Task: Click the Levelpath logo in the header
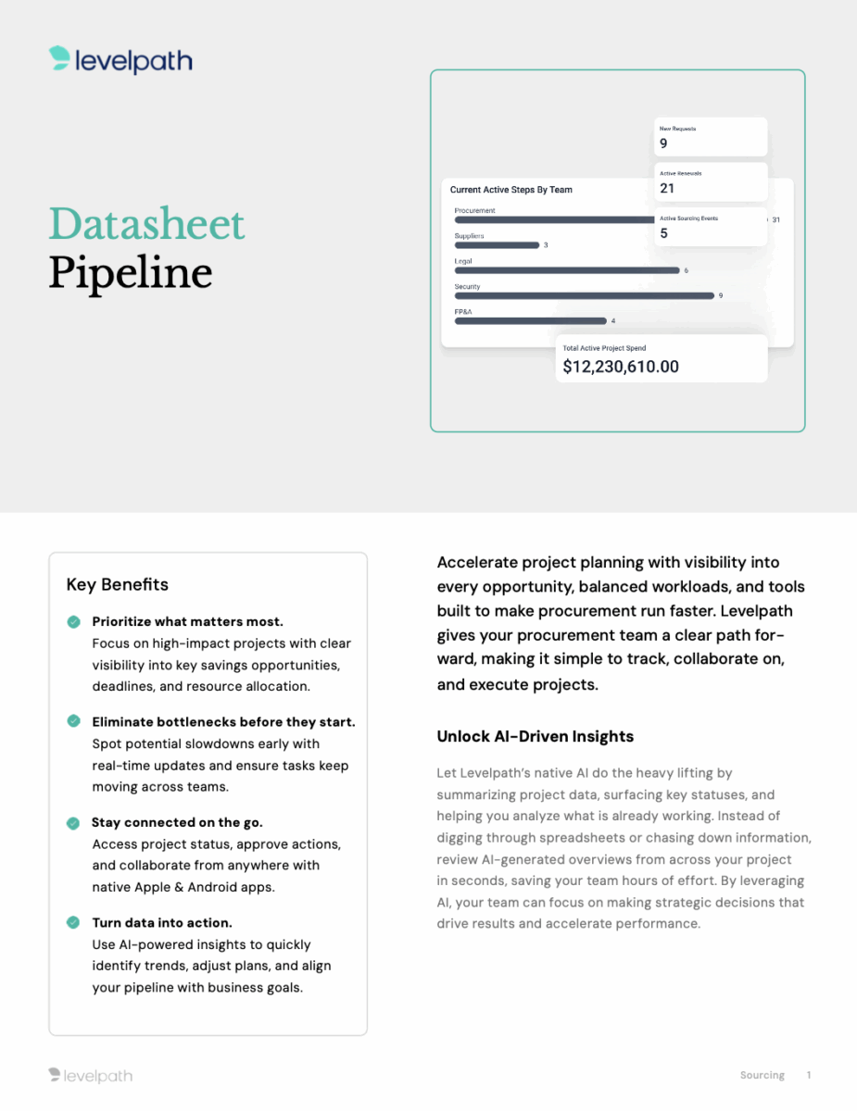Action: click(120, 61)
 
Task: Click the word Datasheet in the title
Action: click(146, 224)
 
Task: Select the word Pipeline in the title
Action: click(130, 272)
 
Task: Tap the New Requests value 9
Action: click(663, 144)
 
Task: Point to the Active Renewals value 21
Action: click(667, 188)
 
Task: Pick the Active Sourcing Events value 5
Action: click(663, 233)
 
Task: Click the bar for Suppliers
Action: click(497, 245)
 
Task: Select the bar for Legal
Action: click(566, 270)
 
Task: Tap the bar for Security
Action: click(584, 295)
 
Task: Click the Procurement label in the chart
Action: click(474, 210)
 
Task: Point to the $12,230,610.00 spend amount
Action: click(621, 367)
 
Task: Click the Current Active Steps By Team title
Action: click(511, 190)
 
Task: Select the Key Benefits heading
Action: click(118, 584)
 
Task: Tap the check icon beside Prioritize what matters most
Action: click(73, 621)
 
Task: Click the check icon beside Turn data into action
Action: click(73, 922)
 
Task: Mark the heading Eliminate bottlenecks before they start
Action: click(223, 721)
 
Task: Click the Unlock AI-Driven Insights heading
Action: click(536, 736)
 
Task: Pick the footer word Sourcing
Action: click(762, 1075)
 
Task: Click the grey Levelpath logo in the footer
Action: click(91, 1075)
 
